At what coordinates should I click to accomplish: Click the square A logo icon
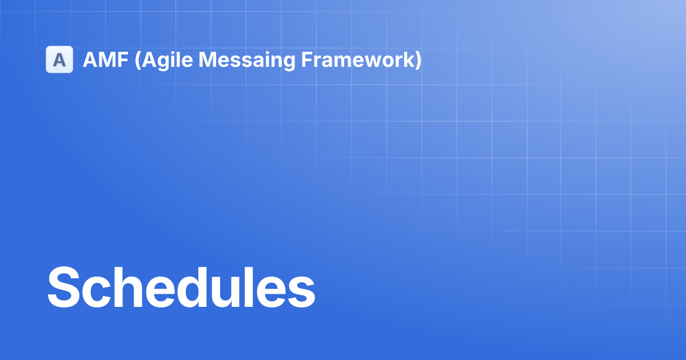pos(59,59)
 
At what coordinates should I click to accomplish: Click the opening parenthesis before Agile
pos(137,59)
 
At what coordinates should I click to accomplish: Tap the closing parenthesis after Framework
pos(418,59)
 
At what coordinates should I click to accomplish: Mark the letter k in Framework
pos(408,59)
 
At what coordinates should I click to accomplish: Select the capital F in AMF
pos(122,59)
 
